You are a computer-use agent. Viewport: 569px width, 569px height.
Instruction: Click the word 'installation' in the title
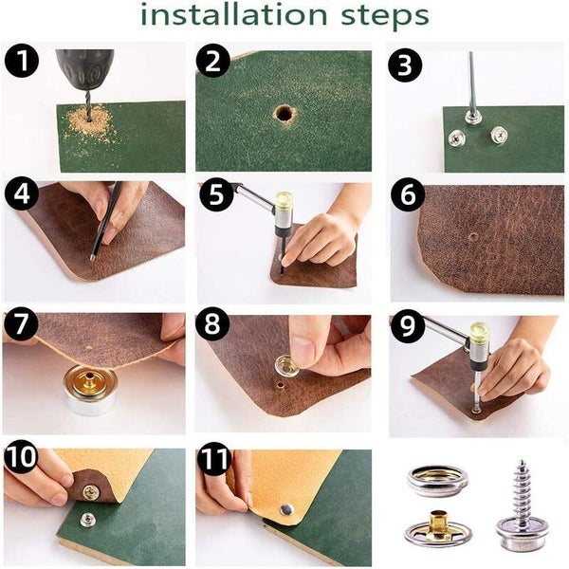[233, 14]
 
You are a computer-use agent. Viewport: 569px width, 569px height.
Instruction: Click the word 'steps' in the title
[385, 17]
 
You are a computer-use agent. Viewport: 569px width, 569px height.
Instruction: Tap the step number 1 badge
[22, 61]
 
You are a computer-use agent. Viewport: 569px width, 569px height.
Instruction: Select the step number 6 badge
[408, 194]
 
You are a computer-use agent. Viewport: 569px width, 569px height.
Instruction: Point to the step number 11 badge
[214, 458]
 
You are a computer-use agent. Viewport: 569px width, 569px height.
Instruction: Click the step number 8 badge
[212, 323]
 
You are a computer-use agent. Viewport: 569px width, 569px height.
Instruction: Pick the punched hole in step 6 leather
[473, 237]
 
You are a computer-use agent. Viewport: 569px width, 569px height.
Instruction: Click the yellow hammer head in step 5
[284, 203]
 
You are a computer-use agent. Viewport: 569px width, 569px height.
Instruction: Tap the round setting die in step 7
[90, 390]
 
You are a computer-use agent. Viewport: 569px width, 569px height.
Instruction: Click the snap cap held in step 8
[287, 366]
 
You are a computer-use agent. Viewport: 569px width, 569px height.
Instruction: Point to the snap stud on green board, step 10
[87, 520]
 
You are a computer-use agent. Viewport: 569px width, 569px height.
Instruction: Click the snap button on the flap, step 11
[287, 510]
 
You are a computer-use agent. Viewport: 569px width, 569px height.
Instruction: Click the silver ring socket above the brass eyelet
[437, 481]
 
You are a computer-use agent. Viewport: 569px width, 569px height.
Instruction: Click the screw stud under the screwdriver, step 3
[472, 118]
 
